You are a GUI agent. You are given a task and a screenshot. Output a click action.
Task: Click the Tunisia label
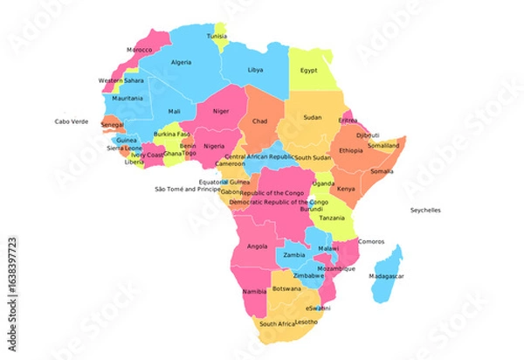(x=217, y=37)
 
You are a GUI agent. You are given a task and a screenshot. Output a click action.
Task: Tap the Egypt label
(x=309, y=70)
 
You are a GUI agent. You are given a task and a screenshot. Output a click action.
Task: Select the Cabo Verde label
(x=72, y=121)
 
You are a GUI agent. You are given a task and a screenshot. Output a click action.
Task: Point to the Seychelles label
(x=426, y=211)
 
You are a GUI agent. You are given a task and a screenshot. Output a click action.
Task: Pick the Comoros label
(x=372, y=241)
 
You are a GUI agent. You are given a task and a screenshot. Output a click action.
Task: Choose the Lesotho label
(x=307, y=322)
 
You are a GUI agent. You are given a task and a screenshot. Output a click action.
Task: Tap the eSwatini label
(x=319, y=308)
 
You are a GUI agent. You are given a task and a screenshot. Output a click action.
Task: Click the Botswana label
(x=286, y=288)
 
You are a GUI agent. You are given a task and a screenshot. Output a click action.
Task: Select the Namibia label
(x=254, y=290)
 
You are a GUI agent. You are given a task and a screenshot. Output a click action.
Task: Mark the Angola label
(x=258, y=246)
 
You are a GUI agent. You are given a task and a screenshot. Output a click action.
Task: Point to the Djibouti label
(x=368, y=135)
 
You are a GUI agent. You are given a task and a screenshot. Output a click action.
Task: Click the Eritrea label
(x=348, y=121)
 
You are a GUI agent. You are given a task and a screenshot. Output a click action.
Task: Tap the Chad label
(x=260, y=121)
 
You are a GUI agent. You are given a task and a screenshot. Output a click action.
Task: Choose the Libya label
(x=256, y=69)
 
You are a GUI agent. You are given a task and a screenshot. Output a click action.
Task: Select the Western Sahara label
(x=121, y=81)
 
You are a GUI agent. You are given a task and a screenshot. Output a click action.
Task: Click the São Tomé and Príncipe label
(x=187, y=189)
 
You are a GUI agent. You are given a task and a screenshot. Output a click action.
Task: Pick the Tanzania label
(x=331, y=218)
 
